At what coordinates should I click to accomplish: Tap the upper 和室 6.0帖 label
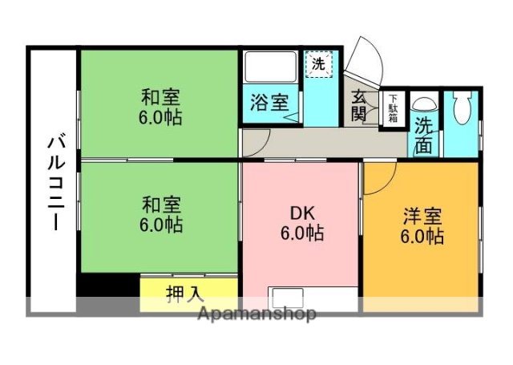[x=160, y=107]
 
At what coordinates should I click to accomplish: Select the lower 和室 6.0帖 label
[x=160, y=214]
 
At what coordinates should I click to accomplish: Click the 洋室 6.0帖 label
[x=422, y=226]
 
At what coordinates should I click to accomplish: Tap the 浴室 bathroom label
[x=268, y=103]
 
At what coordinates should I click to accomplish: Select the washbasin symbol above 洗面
[x=424, y=103]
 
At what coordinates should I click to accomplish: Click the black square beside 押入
[x=109, y=286]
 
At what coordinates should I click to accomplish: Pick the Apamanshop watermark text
[x=256, y=314]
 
